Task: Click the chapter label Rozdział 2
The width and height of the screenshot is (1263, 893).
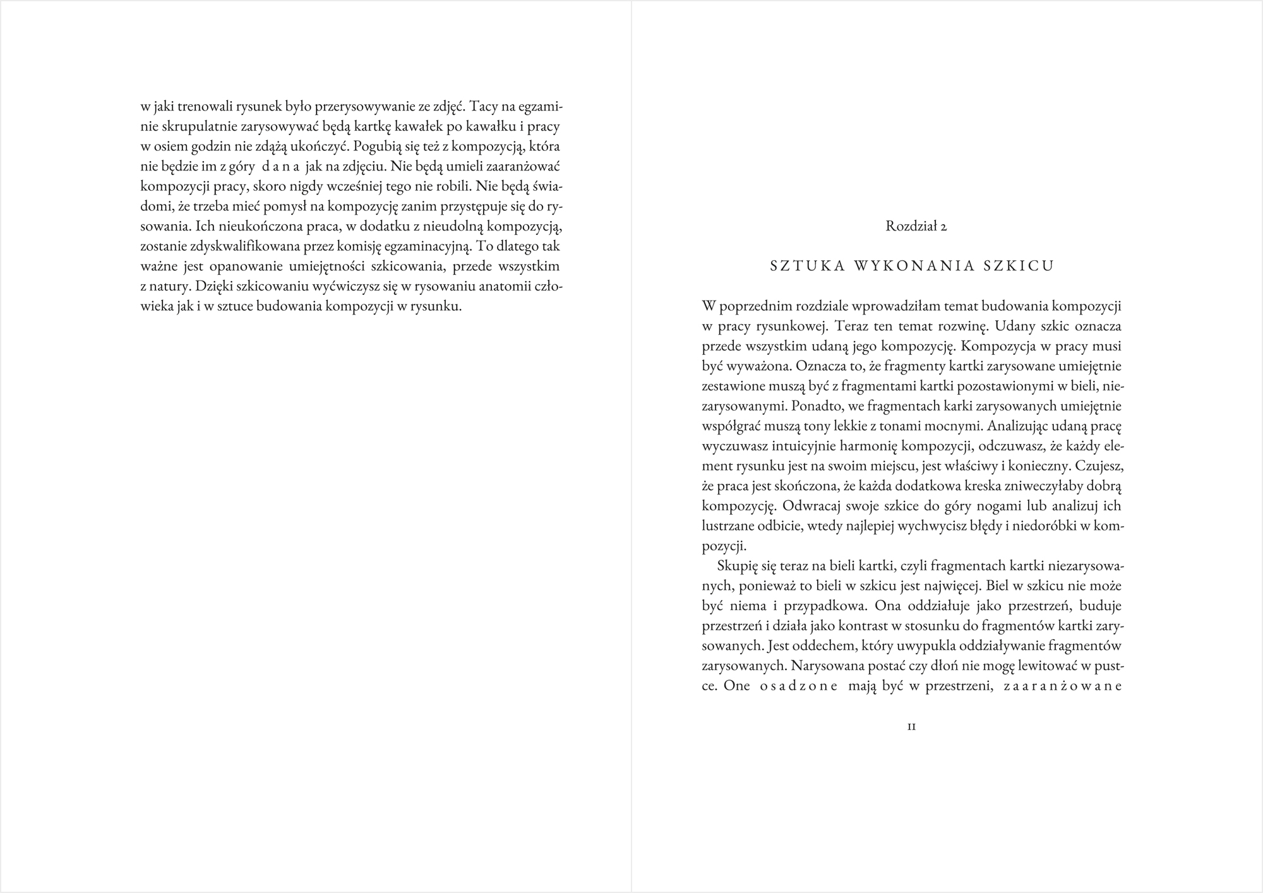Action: click(916, 226)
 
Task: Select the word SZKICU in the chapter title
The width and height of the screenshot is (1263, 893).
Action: click(1019, 266)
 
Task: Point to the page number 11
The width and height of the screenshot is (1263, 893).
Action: click(912, 727)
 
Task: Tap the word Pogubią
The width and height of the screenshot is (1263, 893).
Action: click(376, 147)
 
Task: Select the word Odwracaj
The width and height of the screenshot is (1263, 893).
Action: click(811, 506)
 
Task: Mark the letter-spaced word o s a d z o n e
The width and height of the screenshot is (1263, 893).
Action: click(798, 686)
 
